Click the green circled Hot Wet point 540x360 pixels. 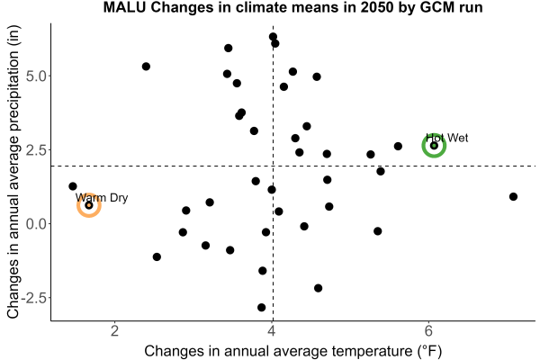[x=434, y=146]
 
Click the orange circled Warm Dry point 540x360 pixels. [x=89, y=205]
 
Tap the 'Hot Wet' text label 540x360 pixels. [x=447, y=138]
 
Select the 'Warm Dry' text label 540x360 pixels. [x=102, y=198]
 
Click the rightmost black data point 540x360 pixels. [x=513, y=197]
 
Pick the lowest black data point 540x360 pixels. [x=261, y=307]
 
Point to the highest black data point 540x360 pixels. [x=273, y=37]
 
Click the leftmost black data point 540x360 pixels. [x=73, y=186]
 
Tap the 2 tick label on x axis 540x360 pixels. [x=114, y=331]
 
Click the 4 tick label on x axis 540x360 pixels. [x=272, y=331]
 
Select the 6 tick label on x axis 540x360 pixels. [x=428, y=331]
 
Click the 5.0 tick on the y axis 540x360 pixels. [x=36, y=76]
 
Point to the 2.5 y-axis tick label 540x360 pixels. [x=36, y=150]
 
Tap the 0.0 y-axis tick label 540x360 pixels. [x=36, y=224]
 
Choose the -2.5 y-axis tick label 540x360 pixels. [x=34, y=298]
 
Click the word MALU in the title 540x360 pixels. [x=125, y=7]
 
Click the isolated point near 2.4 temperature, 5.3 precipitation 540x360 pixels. [x=146, y=67]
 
